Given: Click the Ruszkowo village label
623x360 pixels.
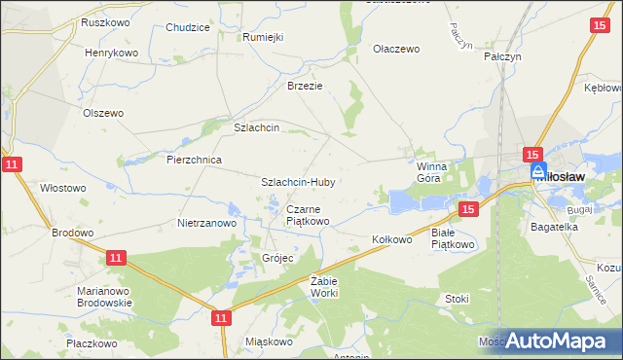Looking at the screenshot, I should [x=106, y=21].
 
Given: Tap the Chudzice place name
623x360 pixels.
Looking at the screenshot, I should [x=188, y=28].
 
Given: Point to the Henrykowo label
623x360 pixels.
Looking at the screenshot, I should [x=111, y=53].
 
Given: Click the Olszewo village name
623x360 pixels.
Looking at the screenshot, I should [x=103, y=113].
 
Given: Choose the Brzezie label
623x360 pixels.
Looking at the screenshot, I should [x=304, y=86].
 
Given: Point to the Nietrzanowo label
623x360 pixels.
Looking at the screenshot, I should [x=207, y=223].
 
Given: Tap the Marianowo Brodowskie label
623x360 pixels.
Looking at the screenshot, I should [x=104, y=297].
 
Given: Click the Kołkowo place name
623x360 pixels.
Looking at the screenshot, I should [x=393, y=238].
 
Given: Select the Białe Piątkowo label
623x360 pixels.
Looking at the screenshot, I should [x=452, y=239].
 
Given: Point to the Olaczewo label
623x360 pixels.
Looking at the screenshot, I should [x=396, y=49].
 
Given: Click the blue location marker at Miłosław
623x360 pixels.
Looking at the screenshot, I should [x=539, y=171].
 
